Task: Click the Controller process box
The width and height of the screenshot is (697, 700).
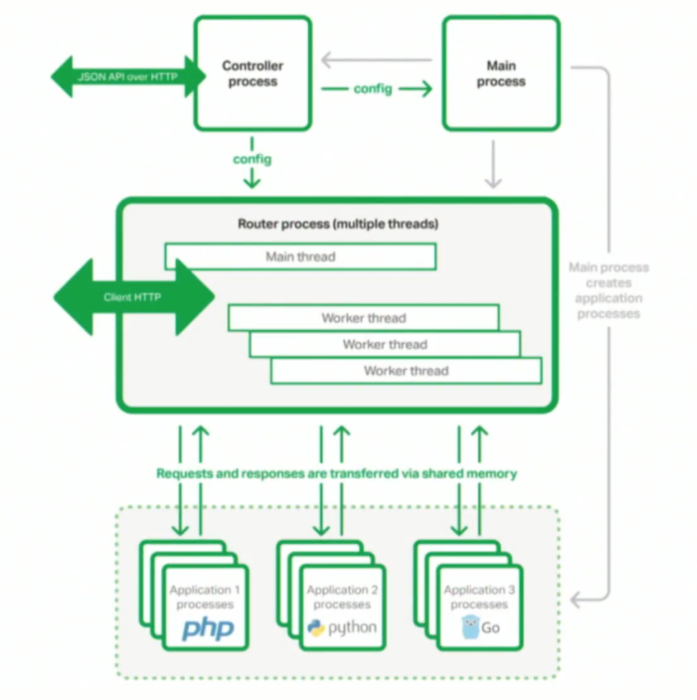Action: click(253, 74)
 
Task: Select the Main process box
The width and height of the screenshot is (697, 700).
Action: click(501, 74)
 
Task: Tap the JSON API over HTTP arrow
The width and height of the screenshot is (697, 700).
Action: click(128, 77)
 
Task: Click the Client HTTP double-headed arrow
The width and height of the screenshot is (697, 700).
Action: click(133, 297)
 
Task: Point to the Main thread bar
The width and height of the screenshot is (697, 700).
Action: click(300, 257)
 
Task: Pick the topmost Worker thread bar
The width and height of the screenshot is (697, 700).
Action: click(364, 318)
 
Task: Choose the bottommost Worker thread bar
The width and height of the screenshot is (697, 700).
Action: click(406, 371)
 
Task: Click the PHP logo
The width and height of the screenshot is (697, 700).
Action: click(208, 628)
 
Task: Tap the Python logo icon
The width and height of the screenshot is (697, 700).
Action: click(316, 628)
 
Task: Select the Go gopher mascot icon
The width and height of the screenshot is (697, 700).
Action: click(471, 627)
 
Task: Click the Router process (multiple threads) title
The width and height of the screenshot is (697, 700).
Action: click(338, 224)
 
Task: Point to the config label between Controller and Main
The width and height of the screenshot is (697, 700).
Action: click(373, 88)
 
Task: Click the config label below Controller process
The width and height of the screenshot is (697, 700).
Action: click(252, 159)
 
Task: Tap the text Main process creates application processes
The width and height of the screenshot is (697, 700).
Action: click(608, 291)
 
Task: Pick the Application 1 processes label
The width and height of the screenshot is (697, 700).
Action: click(205, 597)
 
